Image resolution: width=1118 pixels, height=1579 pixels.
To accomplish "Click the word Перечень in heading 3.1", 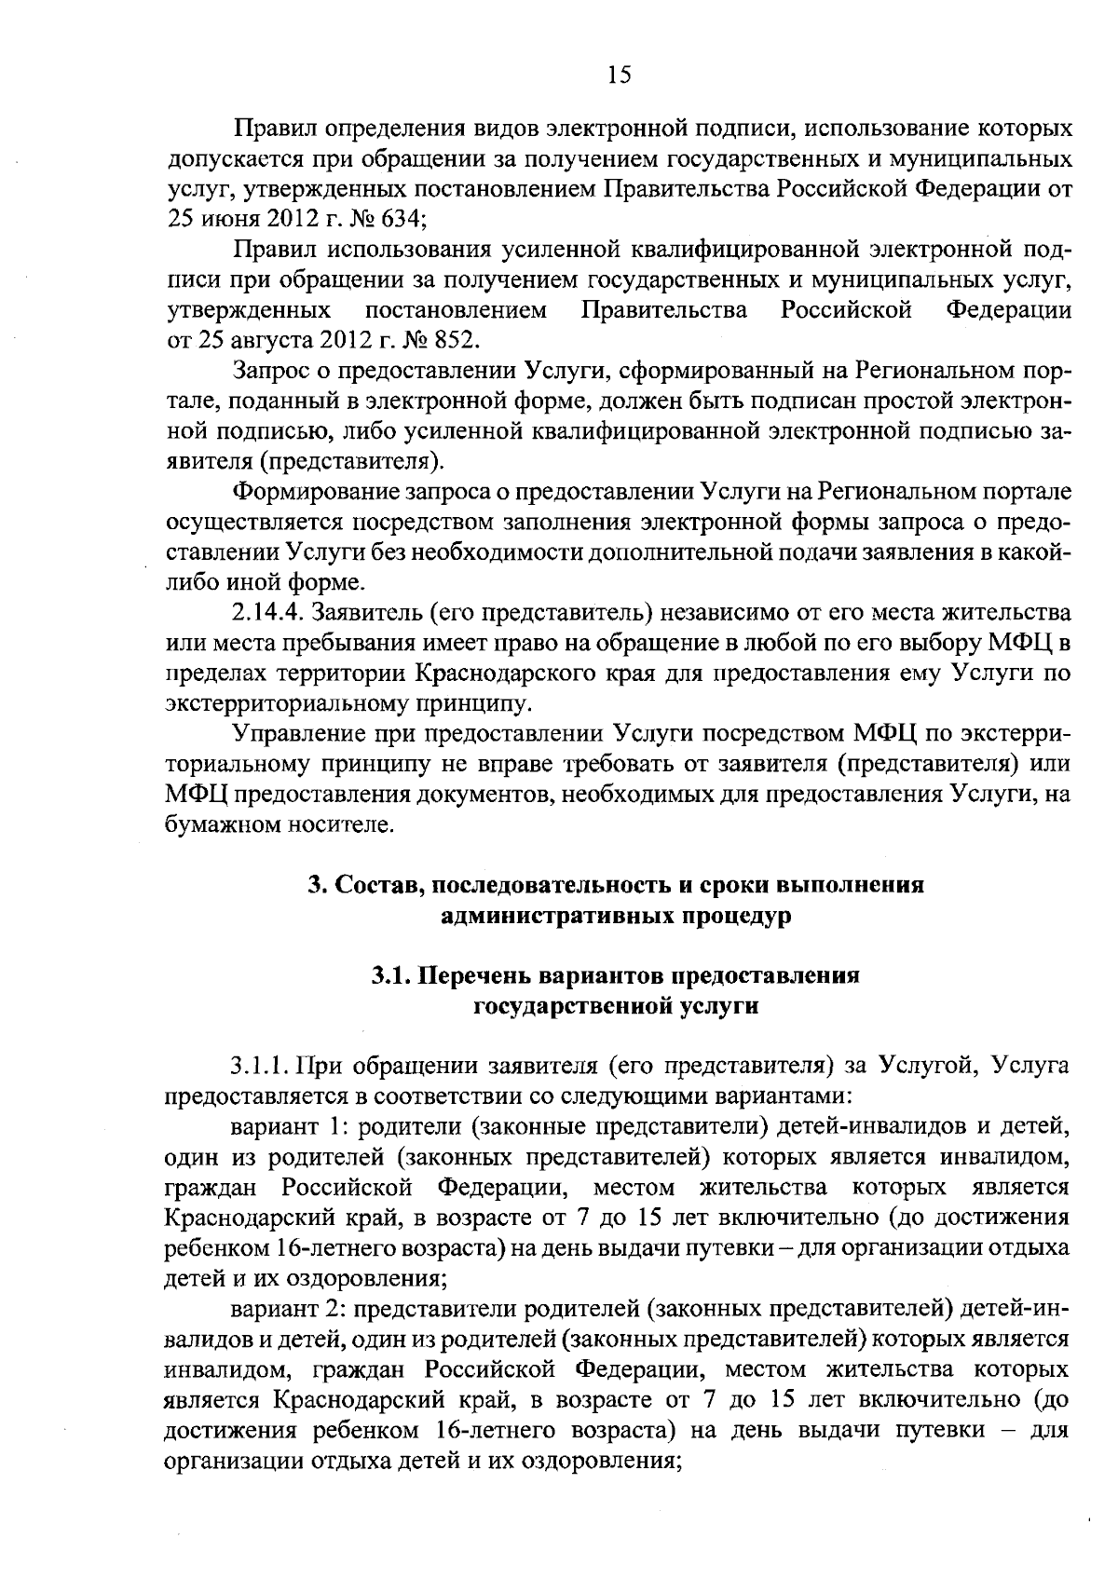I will coord(475,976).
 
